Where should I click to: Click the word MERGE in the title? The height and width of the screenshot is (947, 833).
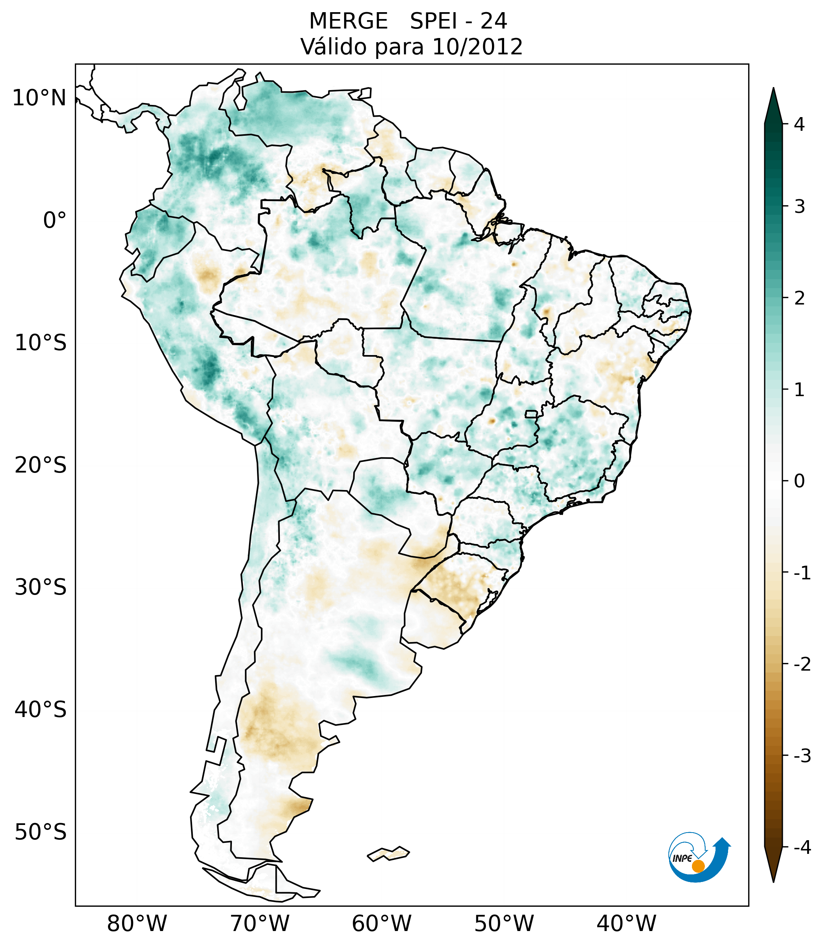click(x=348, y=21)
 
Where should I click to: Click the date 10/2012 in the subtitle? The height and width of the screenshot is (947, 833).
click(x=477, y=47)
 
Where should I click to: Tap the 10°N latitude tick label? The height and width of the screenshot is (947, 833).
click(x=39, y=98)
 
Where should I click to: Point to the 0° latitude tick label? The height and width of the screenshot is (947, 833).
click(x=55, y=220)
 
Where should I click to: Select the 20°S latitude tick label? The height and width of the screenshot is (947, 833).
click(x=41, y=465)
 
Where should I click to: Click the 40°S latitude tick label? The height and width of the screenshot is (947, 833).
click(x=41, y=710)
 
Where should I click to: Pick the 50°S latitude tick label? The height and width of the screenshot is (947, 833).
click(x=41, y=832)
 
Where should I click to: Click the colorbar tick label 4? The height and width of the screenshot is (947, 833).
click(x=799, y=124)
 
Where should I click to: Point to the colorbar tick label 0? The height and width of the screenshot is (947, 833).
click(x=799, y=481)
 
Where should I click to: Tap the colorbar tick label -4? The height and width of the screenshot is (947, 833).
click(x=802, y=847)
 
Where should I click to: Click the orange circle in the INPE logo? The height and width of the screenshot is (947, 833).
click(x=698, y=866)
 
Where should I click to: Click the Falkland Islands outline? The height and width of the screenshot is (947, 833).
click(x=388, y=854)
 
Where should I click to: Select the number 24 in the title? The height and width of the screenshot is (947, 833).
click(x=493, y=21)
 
